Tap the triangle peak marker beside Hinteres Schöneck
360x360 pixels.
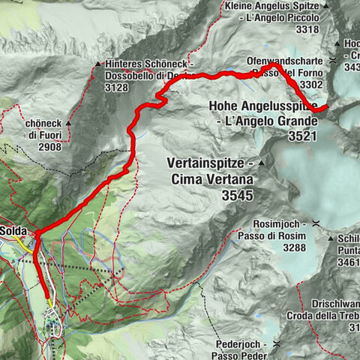pyautogui.click(x=98, y=65)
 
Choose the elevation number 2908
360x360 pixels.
pyautogui.click(x=43, y=148)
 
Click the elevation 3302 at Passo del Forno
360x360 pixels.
pyautogui.click(x=310, y=85)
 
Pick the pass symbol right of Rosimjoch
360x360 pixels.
pyautogui.click(x=319, y=223)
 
